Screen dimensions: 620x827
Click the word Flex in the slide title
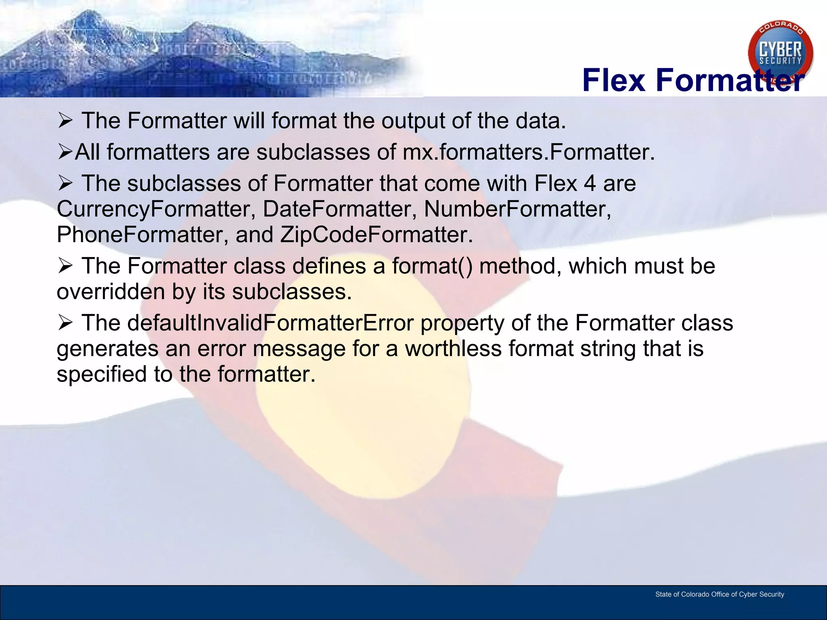coord(614,80)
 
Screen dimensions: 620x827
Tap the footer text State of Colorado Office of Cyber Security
coord(719,594)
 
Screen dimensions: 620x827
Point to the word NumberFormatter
coord(517,209)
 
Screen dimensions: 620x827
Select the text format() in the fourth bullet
coord(432,266)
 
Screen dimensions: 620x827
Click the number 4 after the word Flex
coord(590,184)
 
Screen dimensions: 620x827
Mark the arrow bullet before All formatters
coord(65,153)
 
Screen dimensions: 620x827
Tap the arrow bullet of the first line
coord(65,121)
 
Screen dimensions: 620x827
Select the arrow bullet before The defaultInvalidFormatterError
coord(65,323)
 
